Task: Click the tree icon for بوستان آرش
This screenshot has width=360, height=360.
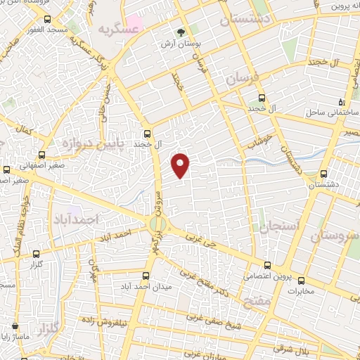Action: coord(181,32)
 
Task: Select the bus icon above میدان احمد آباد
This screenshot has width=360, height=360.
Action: coord(146,276)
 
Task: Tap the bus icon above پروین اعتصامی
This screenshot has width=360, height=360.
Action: coord(266,265)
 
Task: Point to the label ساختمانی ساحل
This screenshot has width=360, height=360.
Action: coord(333,112)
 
